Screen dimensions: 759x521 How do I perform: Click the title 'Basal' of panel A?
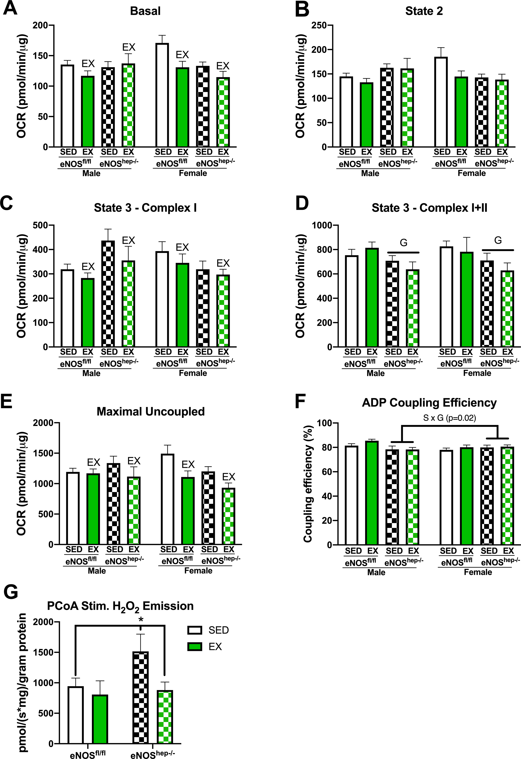click(x=145, y=11)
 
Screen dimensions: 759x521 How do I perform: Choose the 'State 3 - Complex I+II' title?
click(x=429, y=208)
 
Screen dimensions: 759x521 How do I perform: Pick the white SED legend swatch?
click(x=194, y=630)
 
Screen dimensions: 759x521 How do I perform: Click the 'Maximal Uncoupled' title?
click(x=151, y=412)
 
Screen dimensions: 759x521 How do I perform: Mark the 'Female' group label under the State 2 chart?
click(x=471, y=173)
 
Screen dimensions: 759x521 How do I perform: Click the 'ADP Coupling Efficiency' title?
click(x=429, y=403)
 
